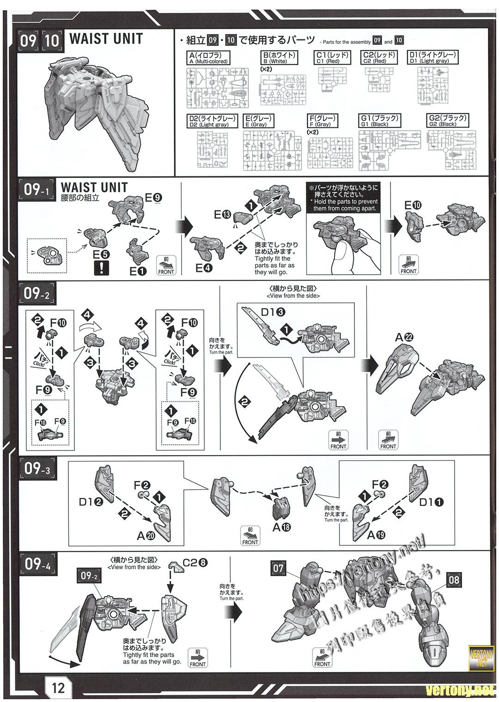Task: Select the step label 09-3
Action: (x=37, y=469)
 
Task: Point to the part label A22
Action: (x=404, y=338)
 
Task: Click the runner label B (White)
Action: (x=279, y=57)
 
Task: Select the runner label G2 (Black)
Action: (x=447, y=121)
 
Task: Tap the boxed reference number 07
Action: (x=278, y=568)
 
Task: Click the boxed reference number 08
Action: (x=454, y=580)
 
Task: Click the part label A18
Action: (x=281, y=527)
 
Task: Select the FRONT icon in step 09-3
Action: (x=250, y=536)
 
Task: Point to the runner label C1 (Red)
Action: (x=332, y=57)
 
